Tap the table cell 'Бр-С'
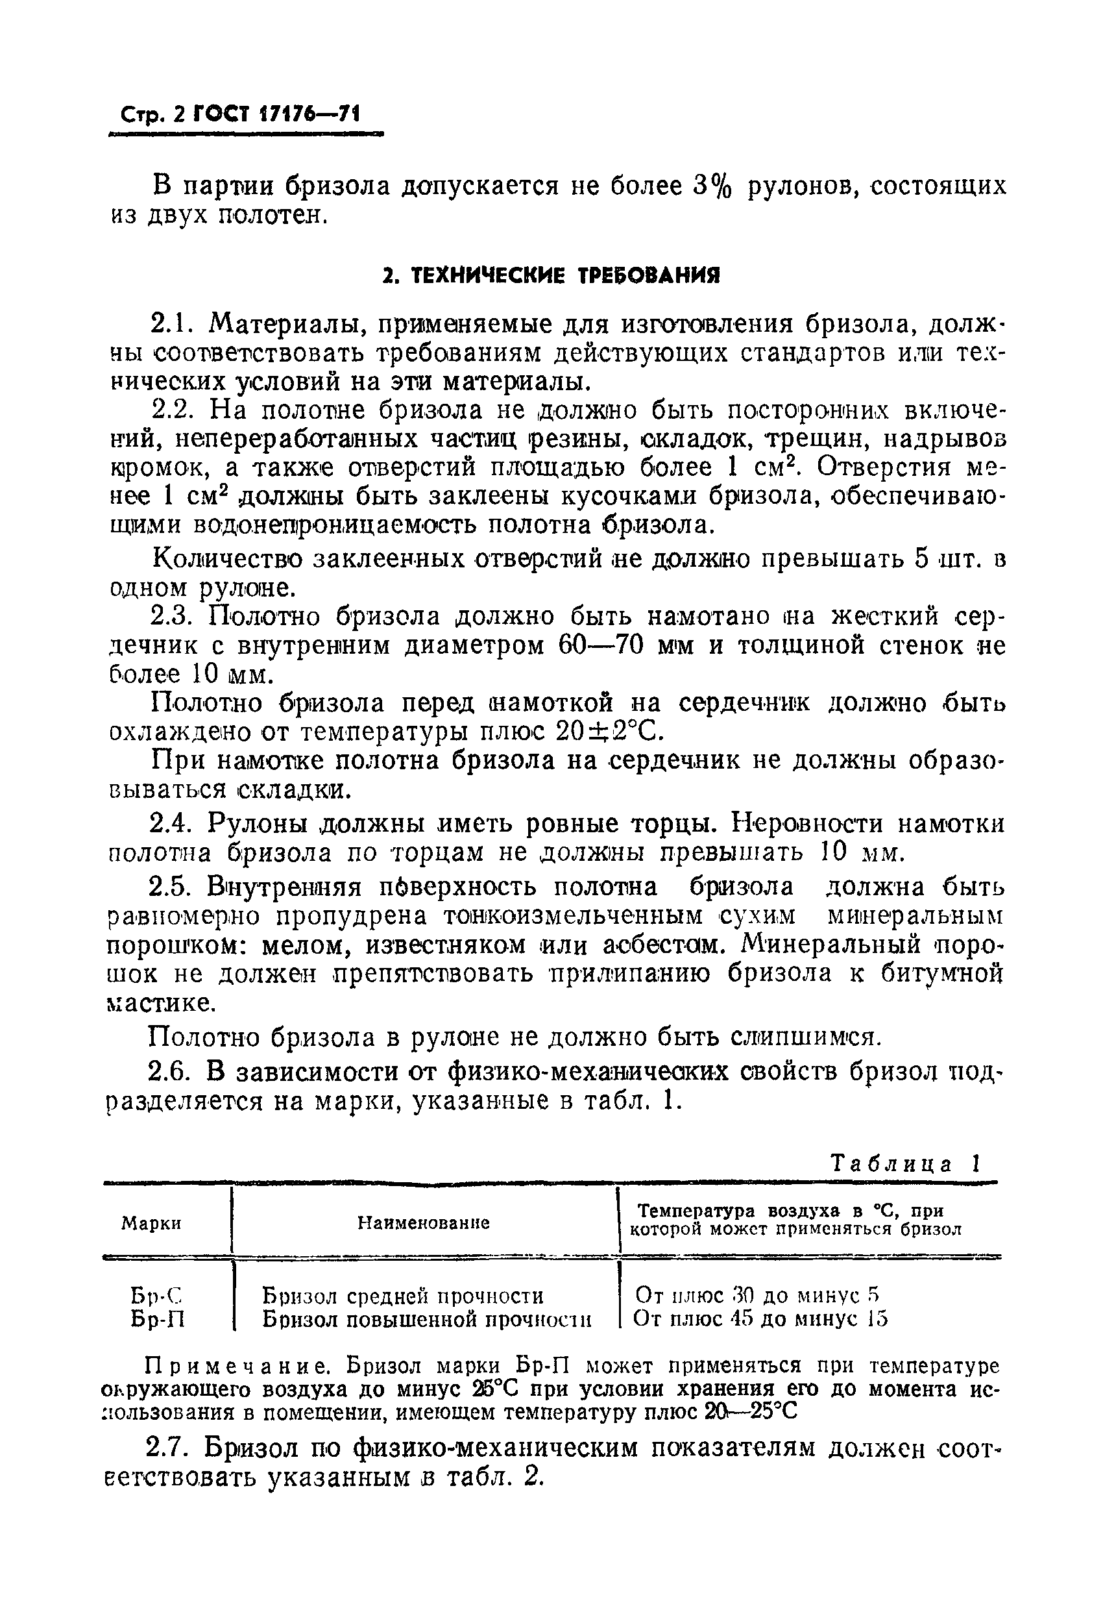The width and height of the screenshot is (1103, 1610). coord(156,1294)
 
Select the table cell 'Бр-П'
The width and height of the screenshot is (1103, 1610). coord(157,1319)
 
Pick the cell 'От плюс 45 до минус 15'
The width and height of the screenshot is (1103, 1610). coord(760,1319)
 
